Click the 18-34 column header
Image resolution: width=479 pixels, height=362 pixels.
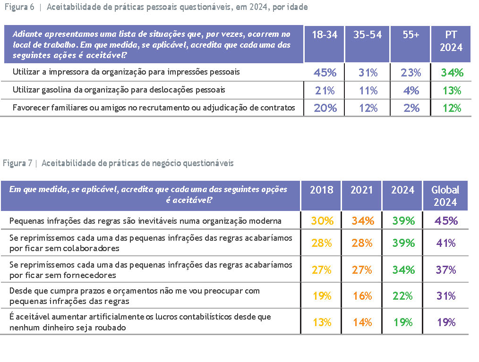(x=325, y=35)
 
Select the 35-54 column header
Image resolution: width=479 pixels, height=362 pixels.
(x=367, y=35)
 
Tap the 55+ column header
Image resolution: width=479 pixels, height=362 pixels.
(x=411, y=35)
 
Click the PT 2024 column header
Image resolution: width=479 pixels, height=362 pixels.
(x=451, y=41)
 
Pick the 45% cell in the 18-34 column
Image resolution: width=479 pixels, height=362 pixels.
(x=325, y=73)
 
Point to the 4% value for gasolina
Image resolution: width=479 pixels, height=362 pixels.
(x=411, y=90)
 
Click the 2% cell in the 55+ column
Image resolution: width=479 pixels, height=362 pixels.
(x=411, y=108)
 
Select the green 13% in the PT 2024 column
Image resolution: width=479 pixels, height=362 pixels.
(x=451, y=90)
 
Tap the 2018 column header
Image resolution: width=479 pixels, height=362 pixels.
(x=321, y=190)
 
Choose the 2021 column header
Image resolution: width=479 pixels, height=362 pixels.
(x=361, y=190)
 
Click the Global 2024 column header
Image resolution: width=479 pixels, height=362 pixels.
(x=445, y=195)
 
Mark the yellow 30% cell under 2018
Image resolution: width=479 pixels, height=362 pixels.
(x=321, y=220)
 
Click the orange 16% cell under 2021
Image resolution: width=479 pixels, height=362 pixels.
(x=361, y=296)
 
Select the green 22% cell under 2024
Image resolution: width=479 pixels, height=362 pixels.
(x=402, y=296)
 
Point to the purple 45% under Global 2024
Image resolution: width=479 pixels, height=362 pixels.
(x=445, y=220)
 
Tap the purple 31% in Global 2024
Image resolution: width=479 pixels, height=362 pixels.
(x=445, y=296)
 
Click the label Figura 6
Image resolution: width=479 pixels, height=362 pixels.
(x=18, y=8)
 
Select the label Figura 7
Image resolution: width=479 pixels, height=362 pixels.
(x=17, y=163)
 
